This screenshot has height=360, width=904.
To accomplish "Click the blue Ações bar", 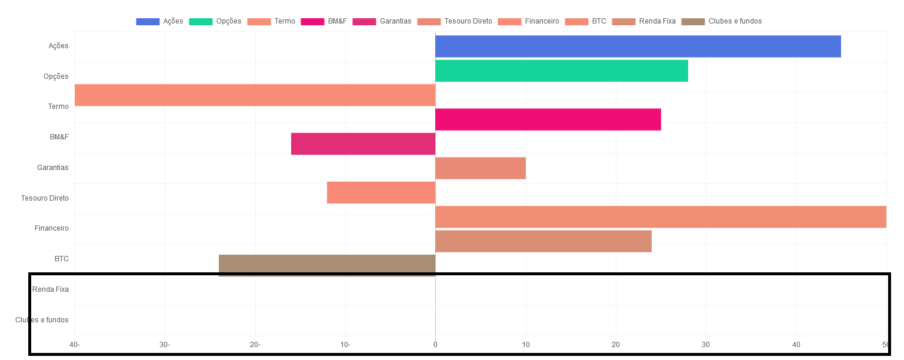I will pos(638,46).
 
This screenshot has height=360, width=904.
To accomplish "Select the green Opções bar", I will pos(561,71).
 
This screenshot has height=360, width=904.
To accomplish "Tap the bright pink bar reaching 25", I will pos(548,119).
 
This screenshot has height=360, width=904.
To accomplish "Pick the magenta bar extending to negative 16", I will pos(363,144).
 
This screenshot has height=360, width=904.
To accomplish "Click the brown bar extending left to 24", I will pos(326,265).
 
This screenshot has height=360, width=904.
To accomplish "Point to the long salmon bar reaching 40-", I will pos(255,95).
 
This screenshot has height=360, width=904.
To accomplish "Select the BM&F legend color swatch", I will pos(312,22).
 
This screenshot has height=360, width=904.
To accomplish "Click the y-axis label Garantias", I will pos(53,168).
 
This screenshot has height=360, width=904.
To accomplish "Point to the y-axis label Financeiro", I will pos(52,228).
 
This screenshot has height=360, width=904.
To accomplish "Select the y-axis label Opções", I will pos(56,76).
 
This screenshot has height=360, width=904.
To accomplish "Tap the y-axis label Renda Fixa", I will pos(51,289).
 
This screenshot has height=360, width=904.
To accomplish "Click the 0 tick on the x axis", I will pos(435,345).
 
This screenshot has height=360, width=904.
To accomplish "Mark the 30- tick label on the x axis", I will pos(165,345).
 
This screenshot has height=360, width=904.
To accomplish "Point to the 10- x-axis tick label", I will pos(345,345).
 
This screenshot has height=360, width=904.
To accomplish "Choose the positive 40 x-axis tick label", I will pos(796,345).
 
